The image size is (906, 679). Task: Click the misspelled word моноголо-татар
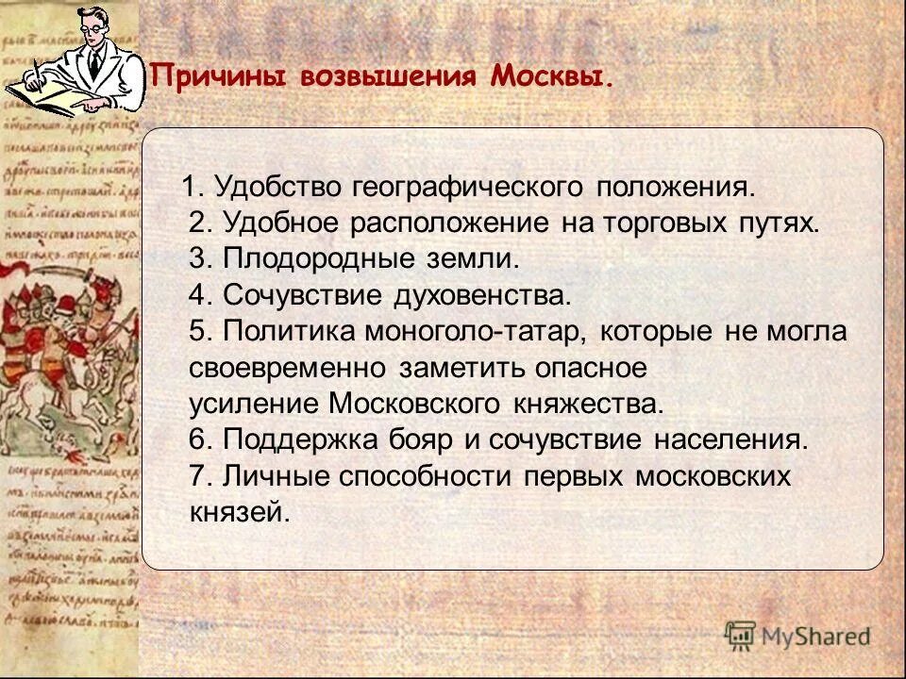tap(467, 332)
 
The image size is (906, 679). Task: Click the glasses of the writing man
tap(92, 26)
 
